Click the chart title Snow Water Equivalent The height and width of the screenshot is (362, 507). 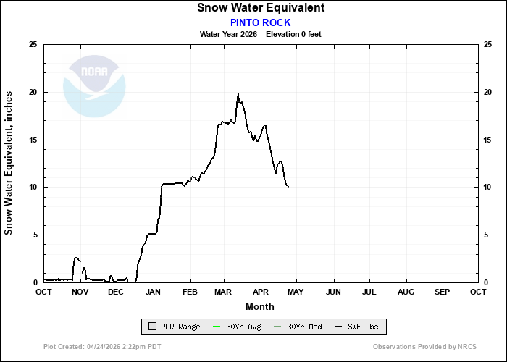(260, 8)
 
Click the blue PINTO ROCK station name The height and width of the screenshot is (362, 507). (260, 22)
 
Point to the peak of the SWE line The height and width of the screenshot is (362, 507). (238, 94)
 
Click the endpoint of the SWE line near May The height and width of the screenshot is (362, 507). (288, 187)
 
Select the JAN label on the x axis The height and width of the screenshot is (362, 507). (153, 292)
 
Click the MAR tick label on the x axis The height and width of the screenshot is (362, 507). (225, 292)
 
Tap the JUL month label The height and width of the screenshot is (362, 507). (369, 292)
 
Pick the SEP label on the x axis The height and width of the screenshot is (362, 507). (442, 292)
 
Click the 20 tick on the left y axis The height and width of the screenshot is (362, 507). (32, 92)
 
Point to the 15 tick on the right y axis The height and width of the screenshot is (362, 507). (489, 140)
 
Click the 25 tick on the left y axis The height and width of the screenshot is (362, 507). (32, 45)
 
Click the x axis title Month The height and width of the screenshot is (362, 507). (260, 306)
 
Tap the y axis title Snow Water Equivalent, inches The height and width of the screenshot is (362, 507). (9, 163)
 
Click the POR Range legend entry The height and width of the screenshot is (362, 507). (174, 327)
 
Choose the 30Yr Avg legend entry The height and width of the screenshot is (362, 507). (239, 327)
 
